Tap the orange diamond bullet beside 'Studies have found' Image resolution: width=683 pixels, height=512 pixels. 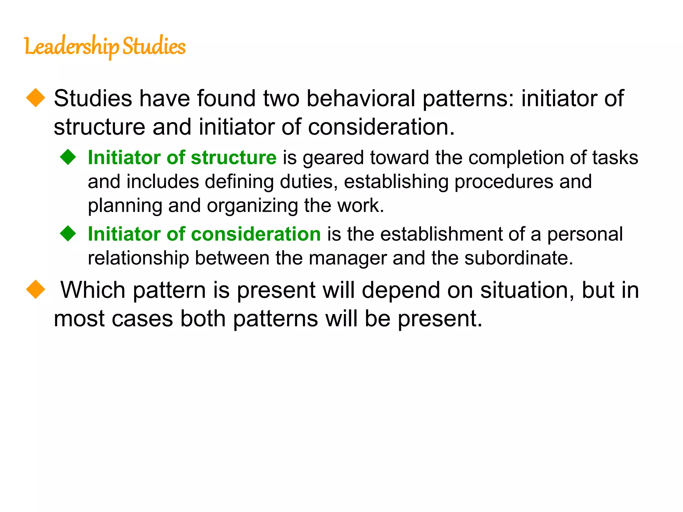pos(35,98)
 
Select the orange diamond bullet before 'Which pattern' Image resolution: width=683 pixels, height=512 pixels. pos(35,289)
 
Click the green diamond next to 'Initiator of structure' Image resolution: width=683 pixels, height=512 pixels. pos(68,157)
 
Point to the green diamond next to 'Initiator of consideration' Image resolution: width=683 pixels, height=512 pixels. pos(68,233)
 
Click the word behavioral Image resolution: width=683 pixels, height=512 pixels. pos(361,98)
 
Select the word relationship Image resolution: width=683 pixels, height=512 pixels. pos(138,258)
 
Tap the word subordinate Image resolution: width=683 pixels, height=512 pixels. pos(519,258)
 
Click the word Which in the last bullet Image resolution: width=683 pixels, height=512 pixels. pos(93,290)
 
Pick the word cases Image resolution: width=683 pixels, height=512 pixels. pos(142,318)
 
